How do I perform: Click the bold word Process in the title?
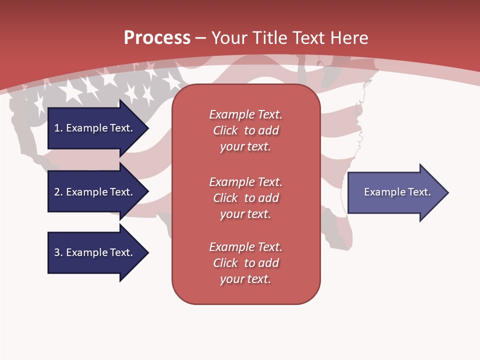tap(157, 38)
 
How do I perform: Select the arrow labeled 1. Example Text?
tap(93, 128)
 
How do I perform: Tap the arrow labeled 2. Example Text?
tap(93, 192)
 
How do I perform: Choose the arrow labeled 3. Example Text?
tap(93, 252)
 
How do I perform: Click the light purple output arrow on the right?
tap(395, 192)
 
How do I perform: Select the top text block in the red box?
tap(245, 130)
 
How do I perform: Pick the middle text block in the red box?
tap(245, 198)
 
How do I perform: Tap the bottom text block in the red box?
tap(245, 263)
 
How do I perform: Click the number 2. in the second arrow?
tap(58, 192)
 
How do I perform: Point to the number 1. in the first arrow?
tap(58, 128)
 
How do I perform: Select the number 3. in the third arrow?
tap(58, 252)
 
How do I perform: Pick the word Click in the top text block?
tap(225, 130)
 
